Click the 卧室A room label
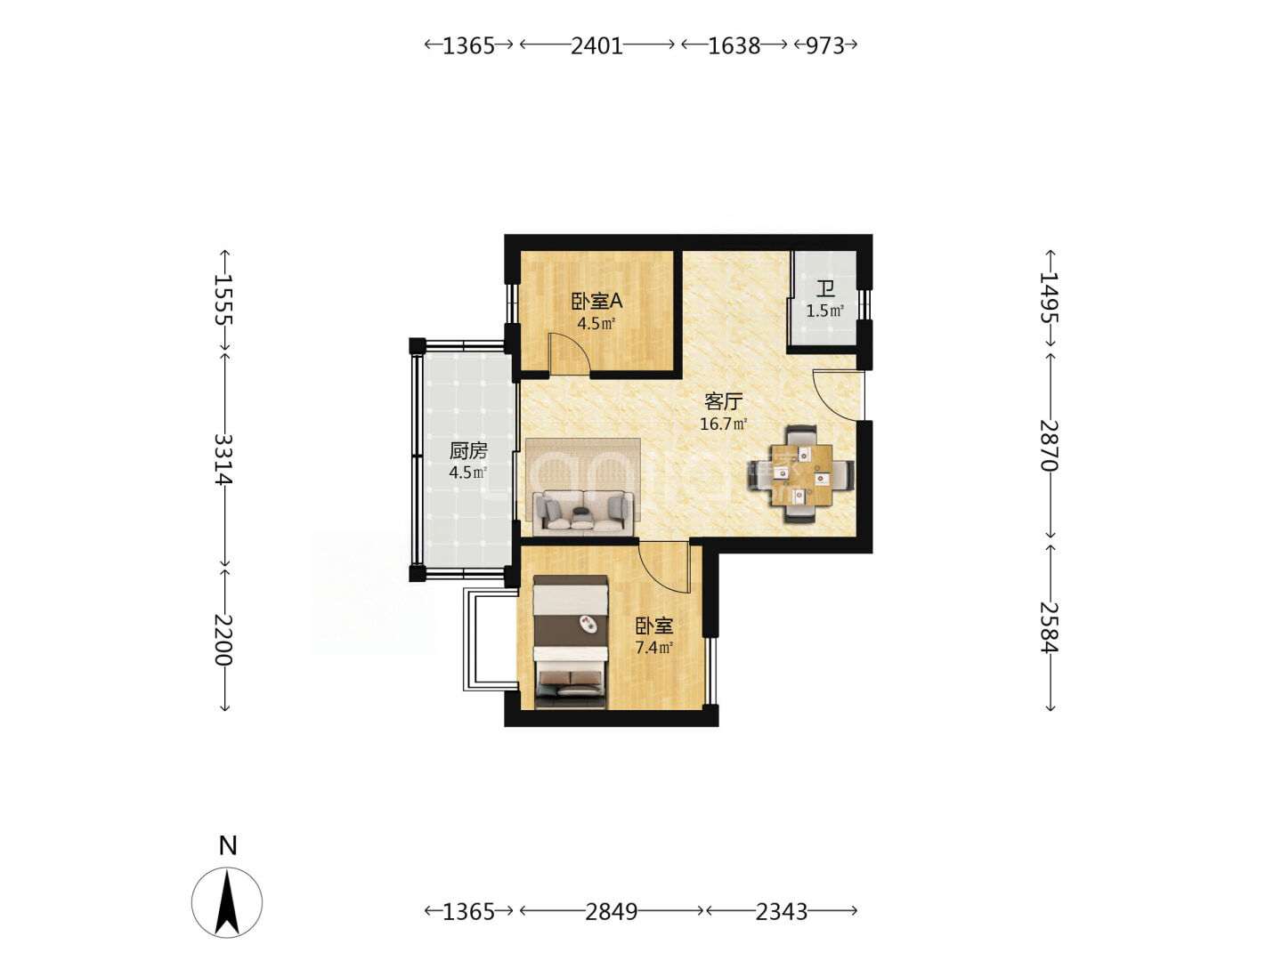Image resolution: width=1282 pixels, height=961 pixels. (x=596, y=302)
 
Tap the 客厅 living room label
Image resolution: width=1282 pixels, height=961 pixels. (x=723, y=401)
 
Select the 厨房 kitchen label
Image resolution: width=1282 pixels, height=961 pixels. (x=468, y=451)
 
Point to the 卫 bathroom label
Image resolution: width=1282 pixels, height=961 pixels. (x=825, y=289)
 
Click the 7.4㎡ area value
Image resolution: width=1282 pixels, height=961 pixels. (x=654, y=648)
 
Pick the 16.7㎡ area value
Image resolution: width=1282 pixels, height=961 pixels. (x=723, y=424)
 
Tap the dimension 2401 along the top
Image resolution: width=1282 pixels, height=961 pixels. (x=596, y=45)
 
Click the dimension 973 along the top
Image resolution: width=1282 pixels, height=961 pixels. (x=824, y=45)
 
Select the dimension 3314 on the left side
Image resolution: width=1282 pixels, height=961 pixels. (x=223, y=458)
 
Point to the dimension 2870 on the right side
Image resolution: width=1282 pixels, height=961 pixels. (x=1050, y=446)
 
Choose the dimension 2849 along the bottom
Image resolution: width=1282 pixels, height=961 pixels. (x=611, y=911)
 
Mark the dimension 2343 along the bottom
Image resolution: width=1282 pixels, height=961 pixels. (x=782, y=911)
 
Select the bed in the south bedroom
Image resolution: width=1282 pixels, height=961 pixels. (x=571, y=642)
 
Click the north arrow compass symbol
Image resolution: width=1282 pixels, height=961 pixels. (x=227, y=902)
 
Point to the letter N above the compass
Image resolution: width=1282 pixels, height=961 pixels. (x=228, y=845)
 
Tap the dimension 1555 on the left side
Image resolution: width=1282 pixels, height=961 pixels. (x=223, y=299)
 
